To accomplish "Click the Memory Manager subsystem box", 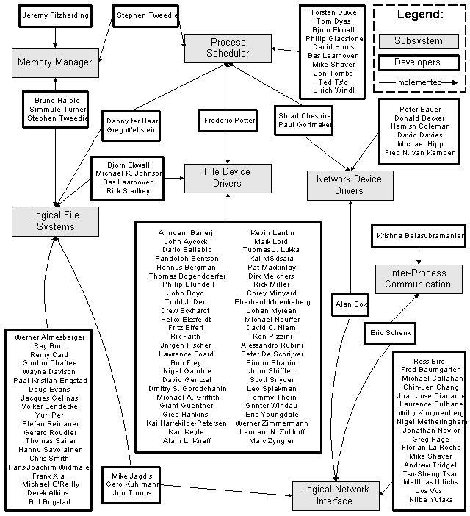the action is coord(55,62).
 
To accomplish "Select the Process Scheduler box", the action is coord(228,48).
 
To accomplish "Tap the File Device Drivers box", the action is coord(227,177).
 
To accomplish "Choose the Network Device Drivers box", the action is coord(349,184).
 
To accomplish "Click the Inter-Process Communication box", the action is coord(418,279).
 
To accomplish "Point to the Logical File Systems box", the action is coord(56,221).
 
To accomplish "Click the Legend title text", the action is coord(420,15).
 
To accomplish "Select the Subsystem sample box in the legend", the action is coord(419,40).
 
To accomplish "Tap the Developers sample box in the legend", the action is coord(419,62).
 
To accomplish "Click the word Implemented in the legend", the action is coord(418,82).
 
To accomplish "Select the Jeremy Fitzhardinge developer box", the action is coord(56,15).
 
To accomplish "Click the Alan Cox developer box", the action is coord(351,303).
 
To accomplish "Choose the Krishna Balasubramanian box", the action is coord(419,237).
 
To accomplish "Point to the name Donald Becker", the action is coord(417,118).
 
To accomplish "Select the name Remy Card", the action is coord(49,354).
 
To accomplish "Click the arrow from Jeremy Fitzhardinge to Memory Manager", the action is coord(56,37).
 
